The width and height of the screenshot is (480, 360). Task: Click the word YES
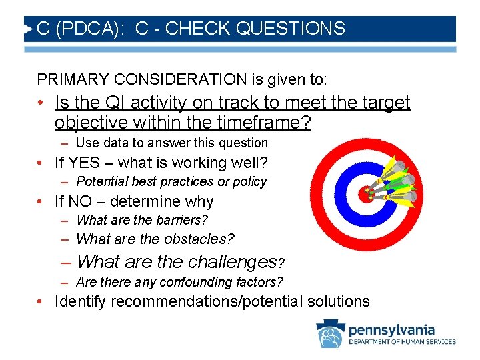[x=86, y=163]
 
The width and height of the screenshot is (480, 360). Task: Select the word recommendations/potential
[x=207, y=301]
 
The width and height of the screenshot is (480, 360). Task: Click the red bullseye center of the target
[x=365, y=194]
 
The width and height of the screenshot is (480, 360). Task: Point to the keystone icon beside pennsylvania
[x=329, y=334]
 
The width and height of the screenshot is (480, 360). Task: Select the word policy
[x=251, y=181]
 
